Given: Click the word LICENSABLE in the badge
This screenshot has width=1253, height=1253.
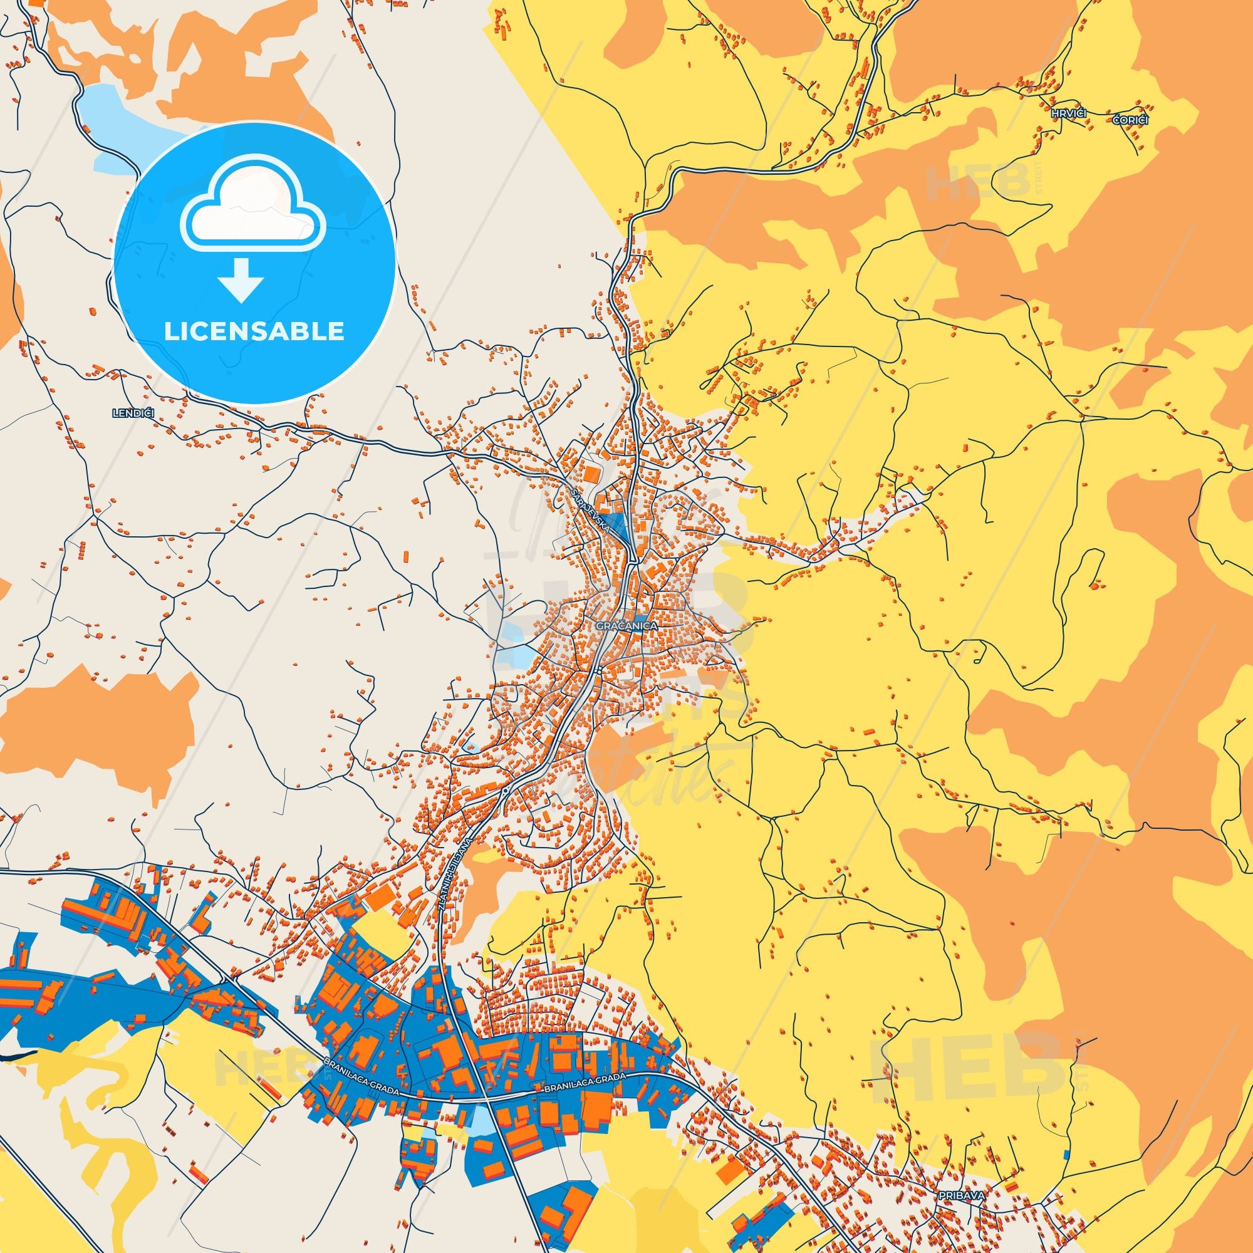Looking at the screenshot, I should pyautogui.click(x=254, y=331).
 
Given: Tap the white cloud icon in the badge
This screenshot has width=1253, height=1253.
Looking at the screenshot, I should pyautogui.click(x=254, y=206).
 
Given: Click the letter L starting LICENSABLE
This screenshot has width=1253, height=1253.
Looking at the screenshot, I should pyautogui.click(x=170, y=331).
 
